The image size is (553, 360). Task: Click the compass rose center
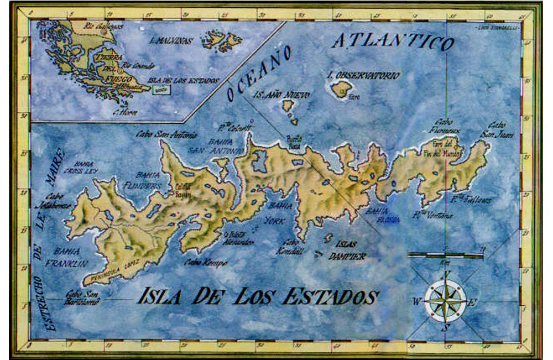tap(445, 301)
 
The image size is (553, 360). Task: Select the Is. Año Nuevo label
tap(281, 95)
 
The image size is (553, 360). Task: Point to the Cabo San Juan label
tap(501, 129)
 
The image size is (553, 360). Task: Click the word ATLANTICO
tap(393, 41)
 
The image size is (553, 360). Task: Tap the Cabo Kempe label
tap(205, 263)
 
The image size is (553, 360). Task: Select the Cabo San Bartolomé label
tap(81, 298)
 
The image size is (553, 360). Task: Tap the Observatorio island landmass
tap(341, 88)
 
